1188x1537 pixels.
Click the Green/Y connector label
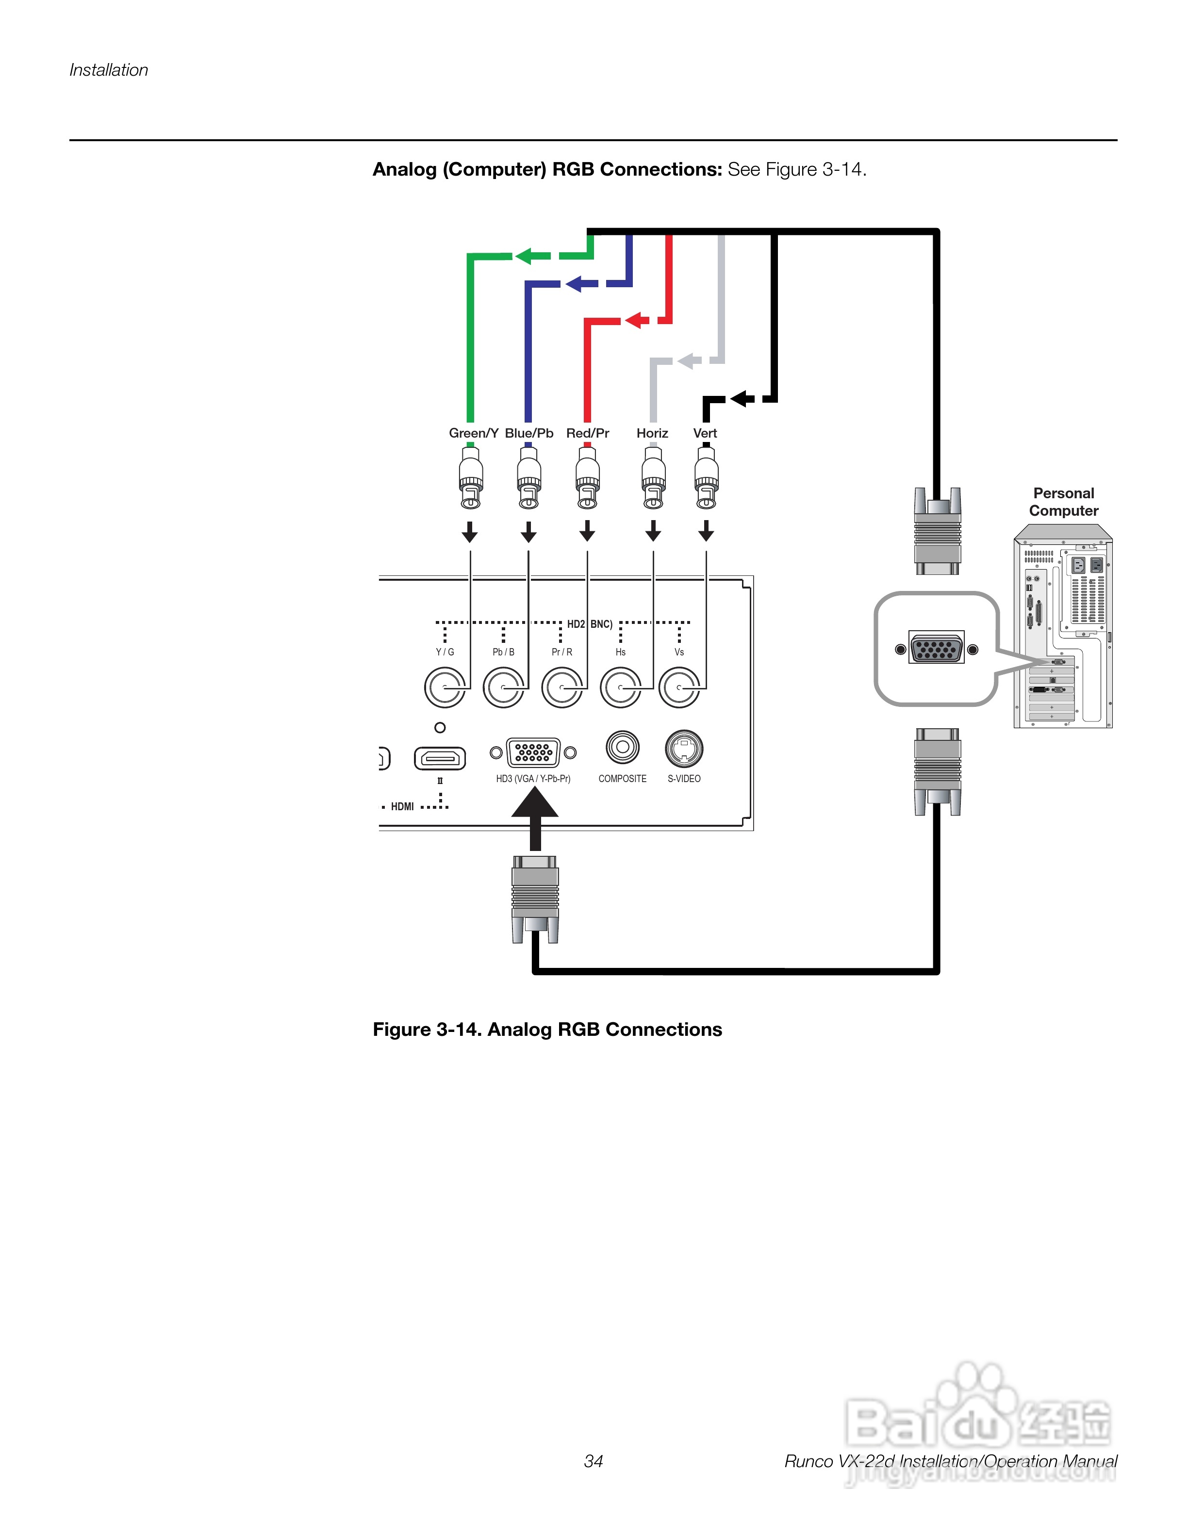pyautogui.click(x=473, y=433)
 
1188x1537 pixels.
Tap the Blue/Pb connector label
pyautogui.click(x=528, y=433)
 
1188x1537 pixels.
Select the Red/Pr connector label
pyautogui.click(x=587, y=433)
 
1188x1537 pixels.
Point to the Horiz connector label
pyautogui.click(x=652, y=433)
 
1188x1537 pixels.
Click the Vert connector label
pyautogui.click(x=705, y=433)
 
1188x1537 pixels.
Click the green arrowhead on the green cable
pyautogui.click(x=524, y=256)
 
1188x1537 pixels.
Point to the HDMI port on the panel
pyautogui.click(x=440, y=758)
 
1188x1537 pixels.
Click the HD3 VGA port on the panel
pyautogui.click(x=533, y=752)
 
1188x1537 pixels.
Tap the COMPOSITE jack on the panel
pyautogui.click(x=622, y=747)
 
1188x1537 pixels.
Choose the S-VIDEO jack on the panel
pyautogui.click(x=683, y=748)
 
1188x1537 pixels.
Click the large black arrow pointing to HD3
pyautogui.click(x=535, y=817)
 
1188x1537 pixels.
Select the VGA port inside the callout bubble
pyautogui.click(x=937, y=648)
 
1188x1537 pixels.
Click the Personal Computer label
pyautogui.click(x=1063, y=502)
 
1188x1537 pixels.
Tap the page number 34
pyautogui.click(x=594, y=1461)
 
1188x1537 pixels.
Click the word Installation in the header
pyautogui.click(x=108, y=70)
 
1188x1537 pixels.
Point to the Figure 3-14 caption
pyautogui.click(x=547, y=1030)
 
